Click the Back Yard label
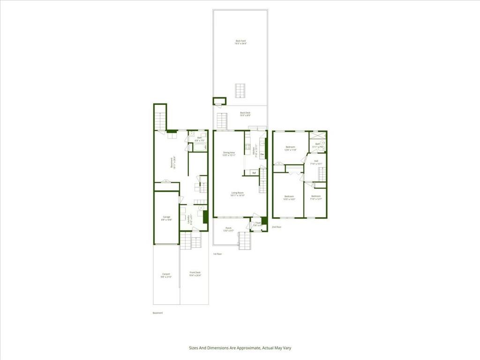click(241, 42)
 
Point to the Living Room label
click(237, 194)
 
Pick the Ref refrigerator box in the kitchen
click(254, 173)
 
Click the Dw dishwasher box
click(262, 154)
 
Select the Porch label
click(228, 229)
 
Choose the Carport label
click(166, 275)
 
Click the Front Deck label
click(195, 274)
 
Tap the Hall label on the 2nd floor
click(316, 162)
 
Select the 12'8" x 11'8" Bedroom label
click(291, 149)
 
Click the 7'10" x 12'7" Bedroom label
click(316, 197)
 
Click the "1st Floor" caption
click(217, 254)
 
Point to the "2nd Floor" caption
click(277, 227)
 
